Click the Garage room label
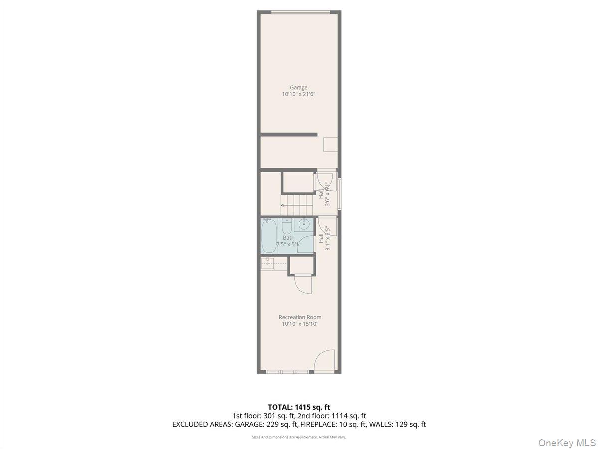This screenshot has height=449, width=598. click(299, 88)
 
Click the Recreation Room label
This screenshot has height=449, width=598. click(299, 317)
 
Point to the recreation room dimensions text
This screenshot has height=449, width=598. click(299, 324)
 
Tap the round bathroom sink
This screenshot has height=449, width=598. click(302, 225)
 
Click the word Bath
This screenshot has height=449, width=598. click(288, 238)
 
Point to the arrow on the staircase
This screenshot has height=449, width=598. click(283, 205)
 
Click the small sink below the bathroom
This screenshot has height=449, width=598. click(267, 263)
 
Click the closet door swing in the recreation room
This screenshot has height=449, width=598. click(303, 285)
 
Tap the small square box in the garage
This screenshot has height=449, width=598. click(331, 145)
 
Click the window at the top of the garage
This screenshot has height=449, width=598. click(300, 12)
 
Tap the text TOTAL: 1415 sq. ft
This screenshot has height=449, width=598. click(299, 407)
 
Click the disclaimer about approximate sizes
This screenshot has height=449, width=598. click(299, 437)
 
